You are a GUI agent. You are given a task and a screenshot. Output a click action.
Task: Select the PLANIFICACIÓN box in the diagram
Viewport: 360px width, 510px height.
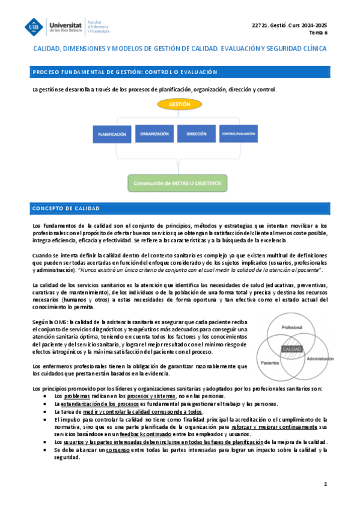point(112,135)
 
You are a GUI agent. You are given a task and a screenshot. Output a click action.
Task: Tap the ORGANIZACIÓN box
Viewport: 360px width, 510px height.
point(154,134)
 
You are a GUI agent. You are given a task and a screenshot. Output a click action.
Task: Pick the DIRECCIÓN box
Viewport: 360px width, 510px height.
point(197,134)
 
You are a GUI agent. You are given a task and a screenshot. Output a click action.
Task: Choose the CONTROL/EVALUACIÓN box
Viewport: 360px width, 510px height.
point(237,134)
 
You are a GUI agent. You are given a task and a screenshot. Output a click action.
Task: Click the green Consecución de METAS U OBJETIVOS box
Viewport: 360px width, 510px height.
point(178,183)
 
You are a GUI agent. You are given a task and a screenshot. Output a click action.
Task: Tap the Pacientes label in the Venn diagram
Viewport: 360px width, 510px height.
point(271,364)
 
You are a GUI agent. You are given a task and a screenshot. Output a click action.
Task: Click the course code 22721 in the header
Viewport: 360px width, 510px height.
point(262,25)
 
